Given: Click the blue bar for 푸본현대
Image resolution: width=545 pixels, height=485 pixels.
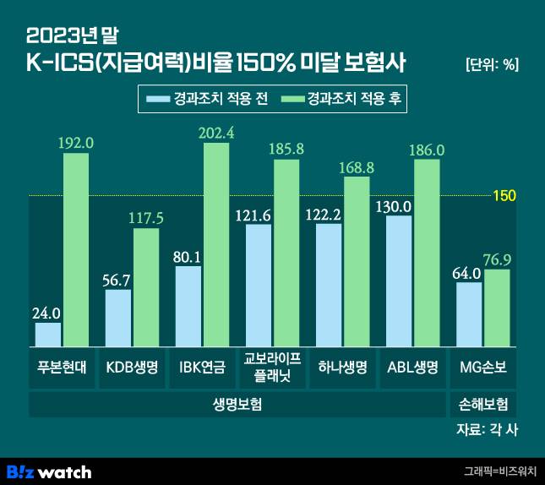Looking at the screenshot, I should pyautogui.click(x=48, y=335).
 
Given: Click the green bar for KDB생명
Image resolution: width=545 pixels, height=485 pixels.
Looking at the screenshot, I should pyautogui.click(x=146, y=287).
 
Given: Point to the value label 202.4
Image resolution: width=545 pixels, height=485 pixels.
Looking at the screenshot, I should pyautogui.click(x=217, y=132).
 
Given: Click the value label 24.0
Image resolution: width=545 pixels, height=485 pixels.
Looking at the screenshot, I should pyautogui.click(x=47, y=313).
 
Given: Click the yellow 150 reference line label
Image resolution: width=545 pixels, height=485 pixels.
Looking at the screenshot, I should pyautogui.click(x=504, y=196).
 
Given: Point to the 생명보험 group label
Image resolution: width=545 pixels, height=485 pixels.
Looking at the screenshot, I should pyautogui.click(x=237, y=404).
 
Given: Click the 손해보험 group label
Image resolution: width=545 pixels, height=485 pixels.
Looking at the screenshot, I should pyautogui.click(x=482, y=404).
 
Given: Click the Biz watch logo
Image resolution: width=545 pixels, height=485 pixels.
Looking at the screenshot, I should pyautogui.click(x=49, y=471).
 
